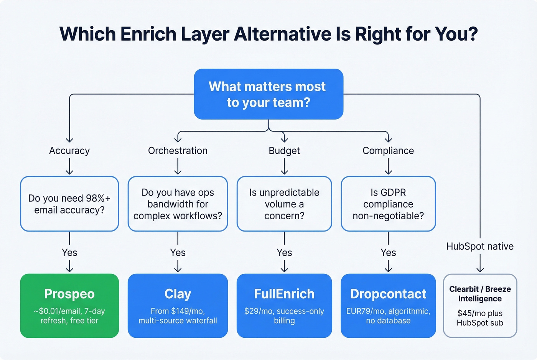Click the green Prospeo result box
pos(69,306)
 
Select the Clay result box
pos(178,306)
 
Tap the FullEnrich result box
pos(284,306)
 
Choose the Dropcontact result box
pos(388,306)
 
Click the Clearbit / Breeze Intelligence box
pos(480,306)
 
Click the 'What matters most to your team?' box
pos(268,94)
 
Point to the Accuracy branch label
pos(69,151)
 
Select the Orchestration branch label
pos(178,151)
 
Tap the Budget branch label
pos(284,151)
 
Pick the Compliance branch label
pos(388,151)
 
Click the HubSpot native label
pos(480,246)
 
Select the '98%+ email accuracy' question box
pos(69,204)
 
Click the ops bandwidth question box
pos(178,204)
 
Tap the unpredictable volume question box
pos(284,204)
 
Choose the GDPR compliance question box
pos(388,204)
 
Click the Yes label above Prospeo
pos(69,253)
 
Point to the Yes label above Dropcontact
pos(388,253)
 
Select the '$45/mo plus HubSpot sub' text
pos(480,318)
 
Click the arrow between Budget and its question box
pos(284,166)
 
